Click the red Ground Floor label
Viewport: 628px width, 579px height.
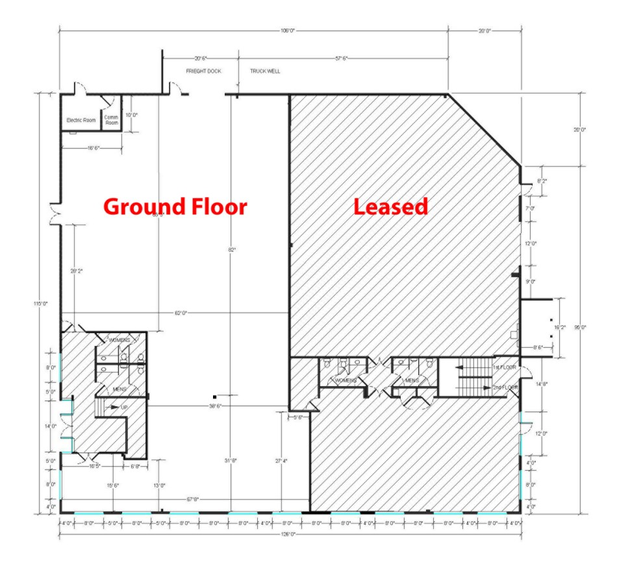pyautogui.click(x=175, y=207)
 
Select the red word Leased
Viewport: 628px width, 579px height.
pyautogui.click(x=390, y=206)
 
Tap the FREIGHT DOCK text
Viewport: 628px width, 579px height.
pyautogui.click(x=204, y=71)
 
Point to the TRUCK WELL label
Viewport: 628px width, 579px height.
pyautogui.click(x=265, y=71)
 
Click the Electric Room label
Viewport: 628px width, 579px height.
pyautogui.click(x=81, y=120)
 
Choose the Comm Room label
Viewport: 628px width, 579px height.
pyautogui.click(x=112, y=120)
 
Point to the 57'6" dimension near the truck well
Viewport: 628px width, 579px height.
pyautogui.click(x=342, y=58)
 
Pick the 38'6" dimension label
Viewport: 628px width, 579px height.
pyautogui.click(x=216, y=406)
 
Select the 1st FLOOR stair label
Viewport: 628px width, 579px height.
pyautogui.click(x=504, y=367)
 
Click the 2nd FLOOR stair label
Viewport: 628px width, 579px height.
pyautogui.click(x=505, y=387)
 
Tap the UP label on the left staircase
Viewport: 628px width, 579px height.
pyautogui.click(x=124, y=407)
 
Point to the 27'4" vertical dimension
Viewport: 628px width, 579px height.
pyautogui.click(x=282, y=461)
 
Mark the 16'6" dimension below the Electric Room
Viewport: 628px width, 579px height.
pyautogui.click(x=92, y=149)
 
